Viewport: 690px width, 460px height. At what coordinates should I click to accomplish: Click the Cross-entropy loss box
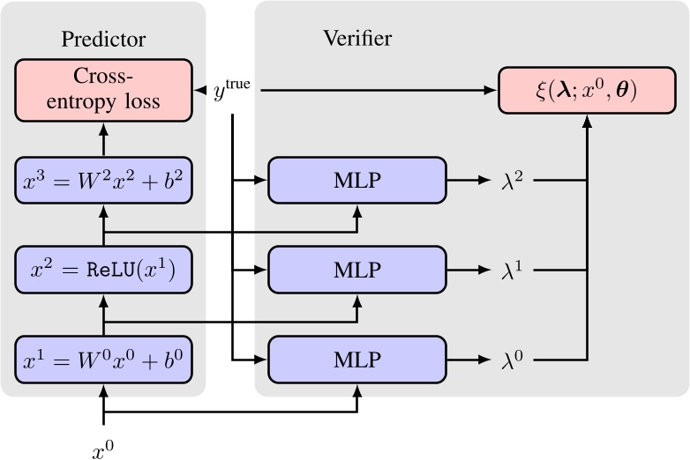[x=104, y=90]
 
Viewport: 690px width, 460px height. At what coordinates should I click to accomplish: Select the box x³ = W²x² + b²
[x=104, y=181]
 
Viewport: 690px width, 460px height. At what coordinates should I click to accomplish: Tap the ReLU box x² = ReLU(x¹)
[x=104, y=271]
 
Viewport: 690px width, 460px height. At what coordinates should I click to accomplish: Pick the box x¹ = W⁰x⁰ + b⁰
[x=104, y=360]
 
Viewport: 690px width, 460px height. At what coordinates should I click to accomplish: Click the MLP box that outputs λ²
[x=357, y=181]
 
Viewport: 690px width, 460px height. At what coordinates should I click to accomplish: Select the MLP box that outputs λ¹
[x=357, y=271]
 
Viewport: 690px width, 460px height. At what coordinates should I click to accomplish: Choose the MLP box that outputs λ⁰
[x=357, y=360]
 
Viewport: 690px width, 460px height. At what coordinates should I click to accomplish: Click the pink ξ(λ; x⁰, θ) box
[x=587, y=90]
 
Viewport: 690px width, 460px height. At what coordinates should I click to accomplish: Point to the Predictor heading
[x=103, y=39]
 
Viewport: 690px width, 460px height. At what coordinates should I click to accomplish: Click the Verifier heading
[x=357, y=39]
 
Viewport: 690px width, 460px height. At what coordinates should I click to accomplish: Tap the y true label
[x=232, y=90]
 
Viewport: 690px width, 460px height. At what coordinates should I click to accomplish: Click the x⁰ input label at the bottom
[x=103, y=449]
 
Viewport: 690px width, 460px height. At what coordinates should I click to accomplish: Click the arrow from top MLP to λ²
[x=469, y=181]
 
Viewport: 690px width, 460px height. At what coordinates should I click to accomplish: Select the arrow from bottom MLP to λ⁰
[x=469, y=360]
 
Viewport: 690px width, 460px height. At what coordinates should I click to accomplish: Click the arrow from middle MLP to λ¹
[x=469, y=271]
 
